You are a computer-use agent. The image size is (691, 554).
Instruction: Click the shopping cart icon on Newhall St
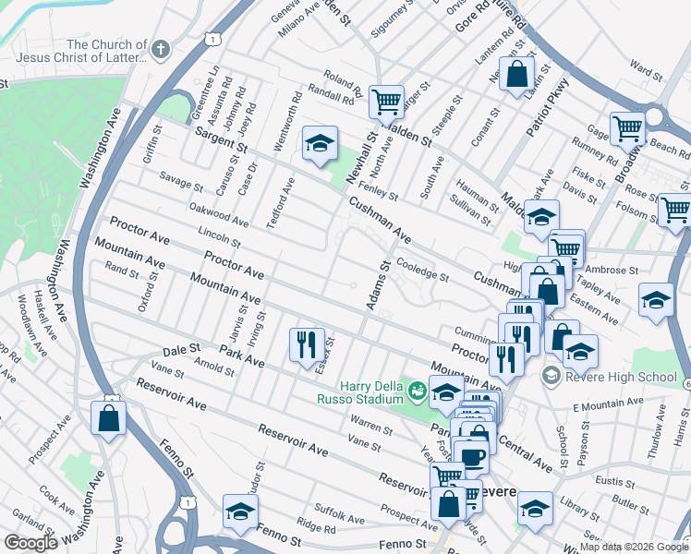pyautogui.click(x=385, y=101)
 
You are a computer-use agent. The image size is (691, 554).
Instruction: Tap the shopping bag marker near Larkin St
pyautogui.click(x=517, y=75)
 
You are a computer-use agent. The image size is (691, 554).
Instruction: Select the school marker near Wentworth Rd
pyautogui.click(x=320, y=143)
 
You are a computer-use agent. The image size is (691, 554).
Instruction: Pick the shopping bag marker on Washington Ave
pyautogui.click(x=109, y=418)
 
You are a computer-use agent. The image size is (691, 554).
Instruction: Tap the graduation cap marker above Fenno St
pyautogui.click(x=240, y=511)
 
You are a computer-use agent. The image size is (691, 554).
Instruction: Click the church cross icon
pyautogui.click(x=162, y=48)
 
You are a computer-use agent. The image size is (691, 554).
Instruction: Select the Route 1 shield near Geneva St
pyautogui.click(x=213, y=39)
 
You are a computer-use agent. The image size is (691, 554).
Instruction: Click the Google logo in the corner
pyautogui.click(x=30, y=543)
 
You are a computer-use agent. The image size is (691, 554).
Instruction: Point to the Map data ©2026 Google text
pyautogui.click(x=633, y=547)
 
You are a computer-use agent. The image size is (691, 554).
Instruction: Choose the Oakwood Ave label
pyautogui.click(x=219, y=216)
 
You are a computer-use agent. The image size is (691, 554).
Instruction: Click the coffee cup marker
pyautogui.click(x=472, y=456)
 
